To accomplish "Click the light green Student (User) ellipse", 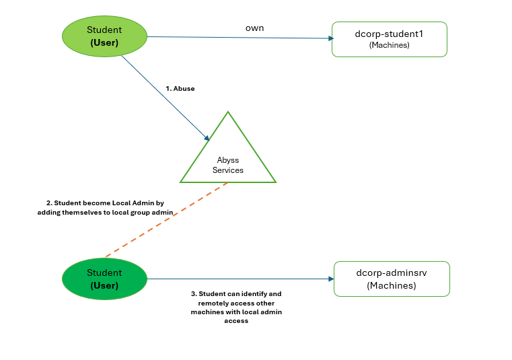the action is (104, 36).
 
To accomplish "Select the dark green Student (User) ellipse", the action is (104, 279).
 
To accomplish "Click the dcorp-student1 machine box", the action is (390, 40).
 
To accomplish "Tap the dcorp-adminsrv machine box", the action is (392, 279).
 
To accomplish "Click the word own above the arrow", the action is (255, 28).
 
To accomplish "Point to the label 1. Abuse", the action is (180, 89).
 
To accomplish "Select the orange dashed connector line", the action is (167, 219).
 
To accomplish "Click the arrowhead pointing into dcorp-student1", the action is (331, 38).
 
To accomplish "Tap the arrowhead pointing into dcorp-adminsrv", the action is (331, 279).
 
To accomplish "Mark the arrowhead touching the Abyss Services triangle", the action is (207, 138).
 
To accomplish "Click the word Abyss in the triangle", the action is (228, 160).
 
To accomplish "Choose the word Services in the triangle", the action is (228, 170).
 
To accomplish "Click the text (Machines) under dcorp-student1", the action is (390, 45).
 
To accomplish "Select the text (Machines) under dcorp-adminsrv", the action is (392, 285).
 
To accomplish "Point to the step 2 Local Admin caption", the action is (105, 208).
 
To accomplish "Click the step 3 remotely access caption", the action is (236, 307).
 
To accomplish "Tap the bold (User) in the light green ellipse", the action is (104, 43).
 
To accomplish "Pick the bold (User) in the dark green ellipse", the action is (104, 285).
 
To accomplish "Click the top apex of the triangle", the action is (228, 112).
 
